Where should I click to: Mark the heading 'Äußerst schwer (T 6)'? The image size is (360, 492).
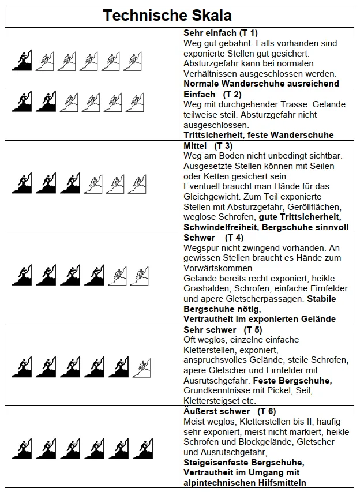tap(229, 411)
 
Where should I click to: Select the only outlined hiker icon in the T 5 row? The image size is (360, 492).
tap(141, 366)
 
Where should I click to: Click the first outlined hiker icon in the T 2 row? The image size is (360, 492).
tap(69, 102)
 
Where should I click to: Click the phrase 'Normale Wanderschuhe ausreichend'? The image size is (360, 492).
tap(261, 84)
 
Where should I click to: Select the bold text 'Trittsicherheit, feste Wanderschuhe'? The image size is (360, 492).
tap(258, 135)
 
